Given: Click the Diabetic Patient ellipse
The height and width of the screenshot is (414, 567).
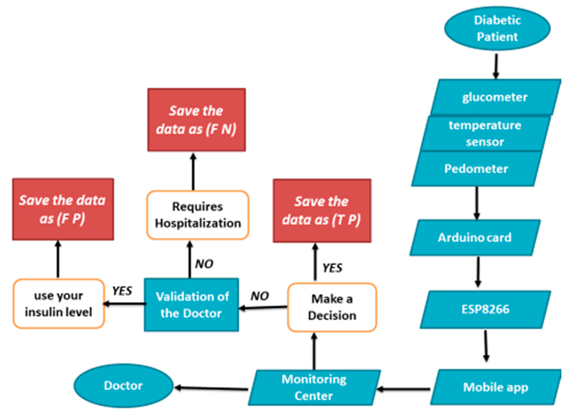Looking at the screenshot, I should click(x=497, y=28).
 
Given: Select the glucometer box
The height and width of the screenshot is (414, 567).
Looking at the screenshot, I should click(x=495, y=97).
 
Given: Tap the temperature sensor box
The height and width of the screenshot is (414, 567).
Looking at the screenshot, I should click(x=485, y=133).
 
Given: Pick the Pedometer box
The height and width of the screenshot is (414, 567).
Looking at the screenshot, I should click(x=476, y=169).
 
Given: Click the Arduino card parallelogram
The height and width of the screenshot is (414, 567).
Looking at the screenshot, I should click(x=474, y=238).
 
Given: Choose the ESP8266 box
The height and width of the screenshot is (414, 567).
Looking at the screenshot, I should click(x=485, y=309).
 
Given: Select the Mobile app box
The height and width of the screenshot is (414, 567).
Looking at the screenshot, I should click(x=495, y=387).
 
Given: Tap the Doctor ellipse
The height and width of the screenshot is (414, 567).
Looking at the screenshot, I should click(x=123, y=386).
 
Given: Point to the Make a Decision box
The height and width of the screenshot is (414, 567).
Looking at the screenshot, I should click(x=332, y=307).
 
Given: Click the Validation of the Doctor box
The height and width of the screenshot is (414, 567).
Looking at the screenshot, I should click(x=191, y=305).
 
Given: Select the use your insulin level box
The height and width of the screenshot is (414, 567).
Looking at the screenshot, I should click(x=58, y=304).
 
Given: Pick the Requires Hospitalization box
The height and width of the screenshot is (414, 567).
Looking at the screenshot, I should click(x=198, y=215).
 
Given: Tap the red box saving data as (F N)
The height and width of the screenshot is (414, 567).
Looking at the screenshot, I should click(x=196, y=120).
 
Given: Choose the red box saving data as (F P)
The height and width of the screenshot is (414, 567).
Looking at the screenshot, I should click(x=63, y=209).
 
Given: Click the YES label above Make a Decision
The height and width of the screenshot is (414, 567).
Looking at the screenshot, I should click(x=332, y=268).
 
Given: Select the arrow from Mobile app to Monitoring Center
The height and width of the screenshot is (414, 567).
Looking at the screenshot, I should click(x=404, y=389).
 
